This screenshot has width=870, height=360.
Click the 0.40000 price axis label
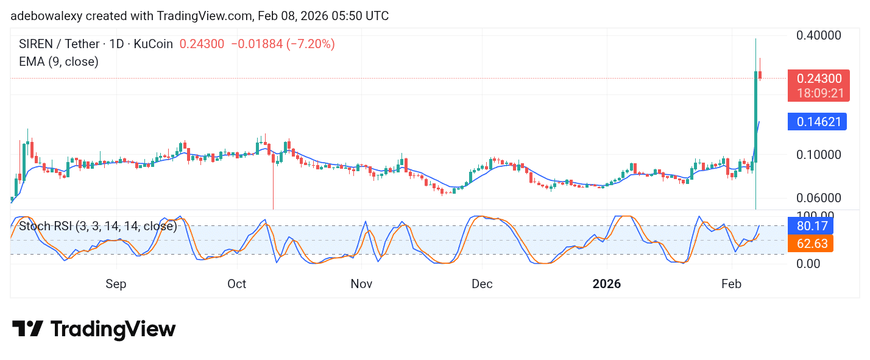[819, 35]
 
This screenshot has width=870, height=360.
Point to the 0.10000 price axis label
[819, 154]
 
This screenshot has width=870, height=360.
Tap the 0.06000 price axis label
[819, 198]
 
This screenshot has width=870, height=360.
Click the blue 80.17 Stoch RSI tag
[810, 226]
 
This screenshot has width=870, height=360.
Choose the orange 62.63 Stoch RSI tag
[810, 244]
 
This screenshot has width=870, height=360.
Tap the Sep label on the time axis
[116, 284]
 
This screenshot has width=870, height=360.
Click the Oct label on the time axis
[236, 284]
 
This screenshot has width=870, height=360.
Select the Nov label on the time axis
[361, 284]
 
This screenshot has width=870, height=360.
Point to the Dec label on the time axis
[481, 284]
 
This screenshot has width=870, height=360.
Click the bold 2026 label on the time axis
[607, 284]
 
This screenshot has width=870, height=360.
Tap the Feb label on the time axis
[732, 284]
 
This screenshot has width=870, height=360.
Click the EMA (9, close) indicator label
[58, 62]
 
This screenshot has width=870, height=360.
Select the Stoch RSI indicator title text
[97, 227]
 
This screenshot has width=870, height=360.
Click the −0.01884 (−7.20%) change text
[283, 44]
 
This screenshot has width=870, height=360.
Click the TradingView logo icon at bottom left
[27, 329]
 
